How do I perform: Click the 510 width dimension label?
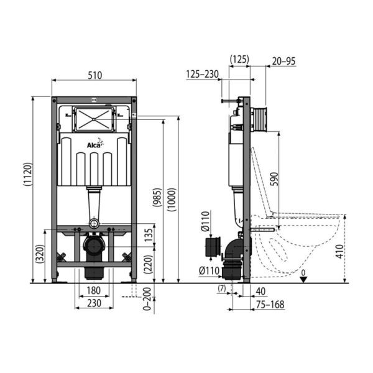95,75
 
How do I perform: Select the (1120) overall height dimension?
27,174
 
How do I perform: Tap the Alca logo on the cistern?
95,144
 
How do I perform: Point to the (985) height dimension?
157,197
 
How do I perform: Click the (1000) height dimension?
172,200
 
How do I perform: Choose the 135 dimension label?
149,235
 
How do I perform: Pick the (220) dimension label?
148,264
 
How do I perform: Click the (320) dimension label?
40,254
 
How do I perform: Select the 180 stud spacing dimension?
93,290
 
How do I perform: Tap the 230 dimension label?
94,303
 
